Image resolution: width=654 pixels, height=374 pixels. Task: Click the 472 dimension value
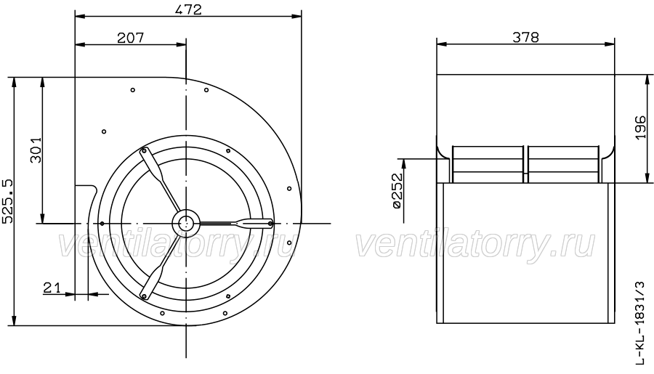pos(188,9)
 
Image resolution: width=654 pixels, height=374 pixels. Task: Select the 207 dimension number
pos(131,38)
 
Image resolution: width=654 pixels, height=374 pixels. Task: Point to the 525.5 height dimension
pos(8,201)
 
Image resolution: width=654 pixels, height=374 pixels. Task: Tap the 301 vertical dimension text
pos(36,150)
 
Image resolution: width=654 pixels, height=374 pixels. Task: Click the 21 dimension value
pos(52,288)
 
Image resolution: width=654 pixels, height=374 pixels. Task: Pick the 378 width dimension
pos(525,38)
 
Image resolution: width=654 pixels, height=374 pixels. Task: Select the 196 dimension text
pos(641,128)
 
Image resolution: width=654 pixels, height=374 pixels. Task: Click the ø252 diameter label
pos(397,190)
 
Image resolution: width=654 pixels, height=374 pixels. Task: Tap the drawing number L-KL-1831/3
pos(639,324)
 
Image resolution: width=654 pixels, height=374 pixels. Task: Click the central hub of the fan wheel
pos(186,223)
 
